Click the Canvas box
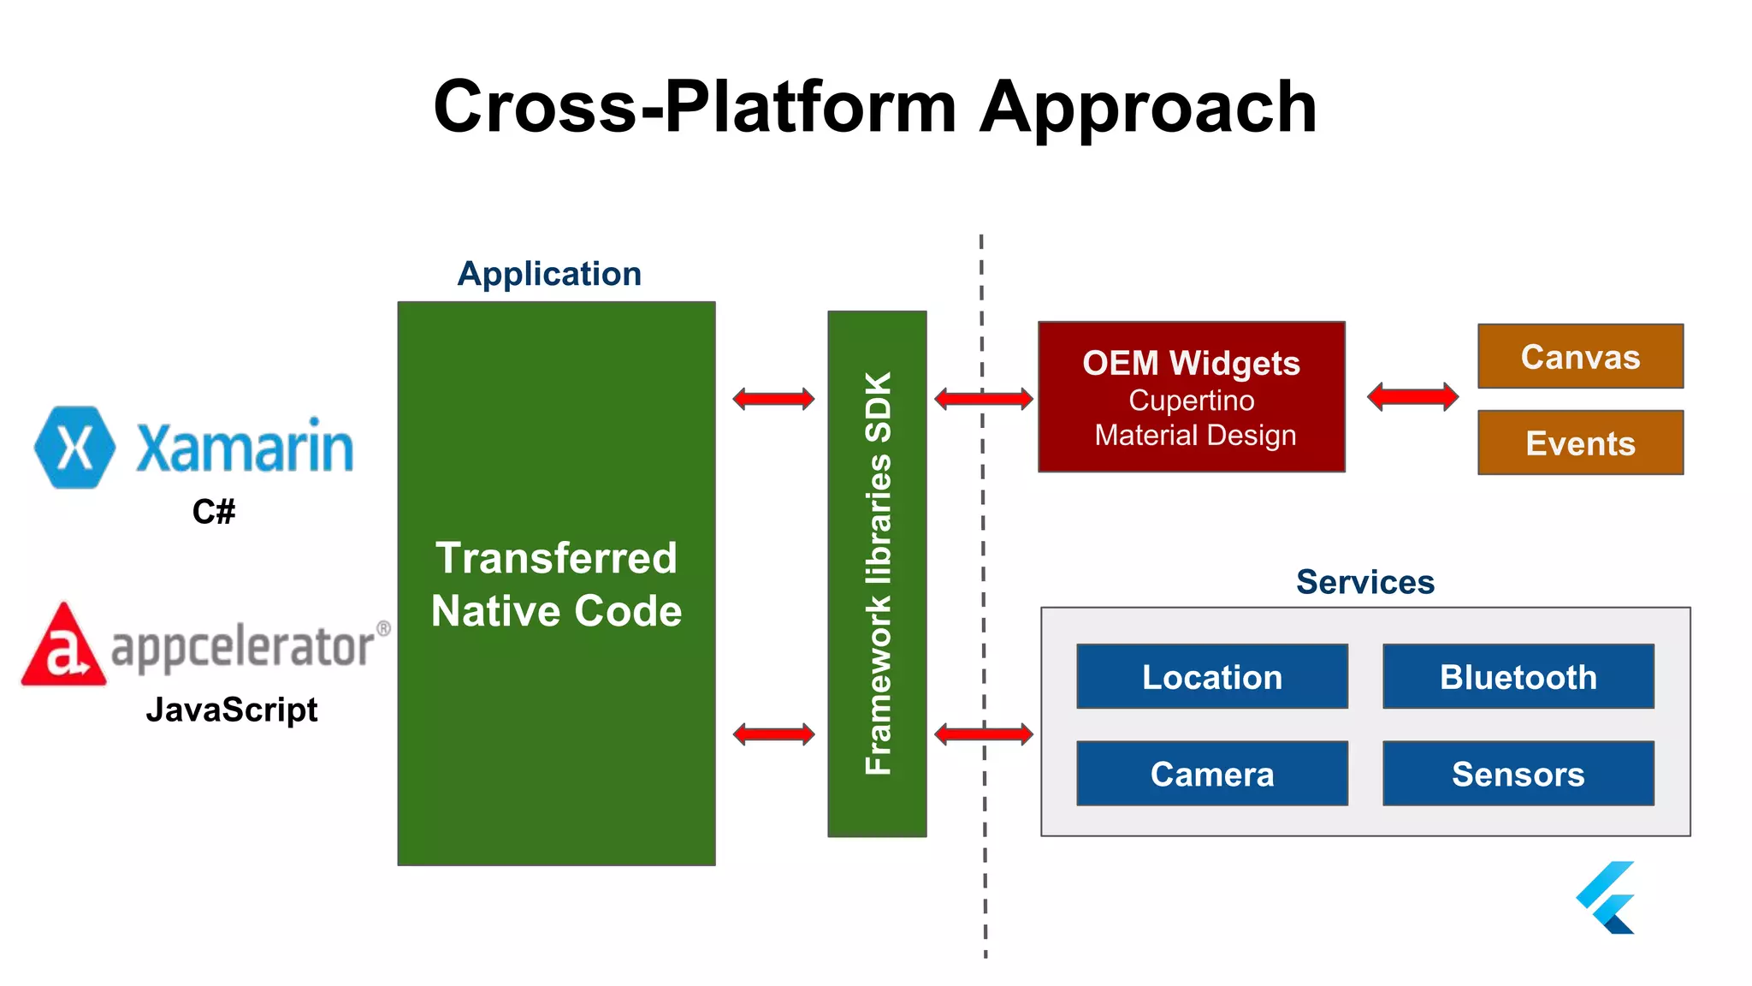1580,356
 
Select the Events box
1580,443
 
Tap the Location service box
1211,676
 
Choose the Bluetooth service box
1518,676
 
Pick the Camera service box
1211,773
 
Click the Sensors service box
1518,773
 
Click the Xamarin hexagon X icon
74,447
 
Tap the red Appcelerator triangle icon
64,646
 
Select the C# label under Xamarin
213,512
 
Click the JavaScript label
231,710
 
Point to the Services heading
1364,582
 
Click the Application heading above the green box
549,274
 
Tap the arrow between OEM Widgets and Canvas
1412,396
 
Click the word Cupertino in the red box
1191,401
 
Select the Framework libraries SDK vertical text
878,573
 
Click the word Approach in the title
1147,107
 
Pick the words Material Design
1195,435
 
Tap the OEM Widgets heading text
1191,363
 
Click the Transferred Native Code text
556,585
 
